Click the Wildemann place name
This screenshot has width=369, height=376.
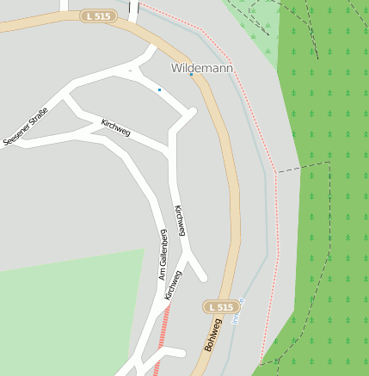coord(203,67)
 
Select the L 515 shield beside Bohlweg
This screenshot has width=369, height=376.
coord(220,307)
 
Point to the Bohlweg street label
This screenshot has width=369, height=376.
coord(212,335)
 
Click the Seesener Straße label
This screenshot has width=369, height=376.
coord(25,126)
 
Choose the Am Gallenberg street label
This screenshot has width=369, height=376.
coord(162,255)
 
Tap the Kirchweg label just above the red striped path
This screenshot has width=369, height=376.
coord(173,286)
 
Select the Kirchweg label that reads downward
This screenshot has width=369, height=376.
coord(180,220)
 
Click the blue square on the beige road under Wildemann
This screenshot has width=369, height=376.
coord(191,75)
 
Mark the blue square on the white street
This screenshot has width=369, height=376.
coord(159,89)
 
